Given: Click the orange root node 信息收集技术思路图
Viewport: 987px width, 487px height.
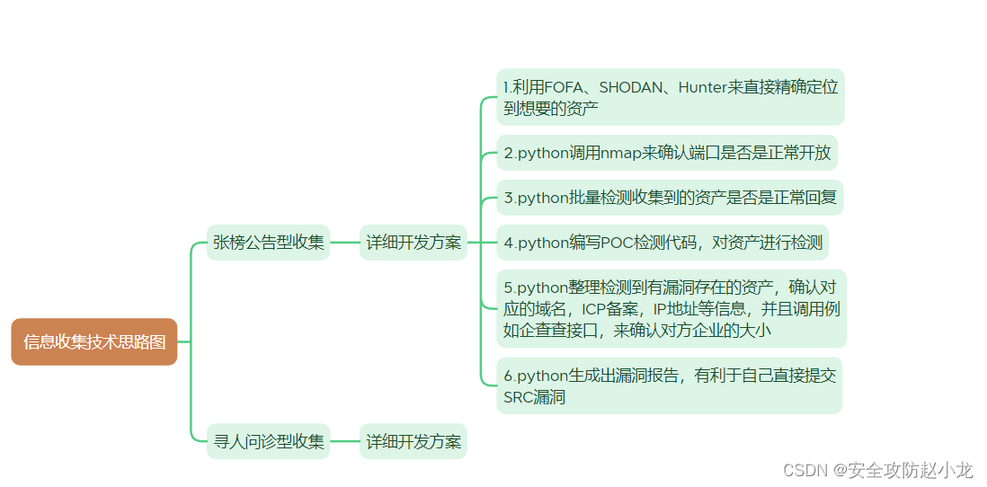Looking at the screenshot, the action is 94,341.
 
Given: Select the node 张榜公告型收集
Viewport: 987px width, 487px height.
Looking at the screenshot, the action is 268,242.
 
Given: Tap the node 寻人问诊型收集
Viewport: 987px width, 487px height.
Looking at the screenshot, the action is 268,441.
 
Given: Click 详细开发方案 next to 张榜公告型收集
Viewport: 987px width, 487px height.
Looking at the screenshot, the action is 413,242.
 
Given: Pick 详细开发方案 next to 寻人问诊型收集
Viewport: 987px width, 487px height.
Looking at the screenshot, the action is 413,441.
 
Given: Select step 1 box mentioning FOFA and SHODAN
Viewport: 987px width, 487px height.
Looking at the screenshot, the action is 671,97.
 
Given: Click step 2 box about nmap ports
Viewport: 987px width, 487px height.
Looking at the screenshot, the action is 667,152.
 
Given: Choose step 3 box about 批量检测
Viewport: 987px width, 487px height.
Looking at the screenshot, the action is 670,197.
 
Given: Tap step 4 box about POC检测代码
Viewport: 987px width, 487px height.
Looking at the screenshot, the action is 662,242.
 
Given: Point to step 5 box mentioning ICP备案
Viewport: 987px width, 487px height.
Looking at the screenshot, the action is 671,308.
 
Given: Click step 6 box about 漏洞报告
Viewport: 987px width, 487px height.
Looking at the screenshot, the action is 669,385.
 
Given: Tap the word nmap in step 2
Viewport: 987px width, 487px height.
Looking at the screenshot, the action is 618,152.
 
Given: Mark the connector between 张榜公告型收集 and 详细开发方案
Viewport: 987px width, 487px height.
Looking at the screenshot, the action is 344,242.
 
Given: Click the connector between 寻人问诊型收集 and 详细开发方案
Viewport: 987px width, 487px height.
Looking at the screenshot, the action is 344,441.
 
